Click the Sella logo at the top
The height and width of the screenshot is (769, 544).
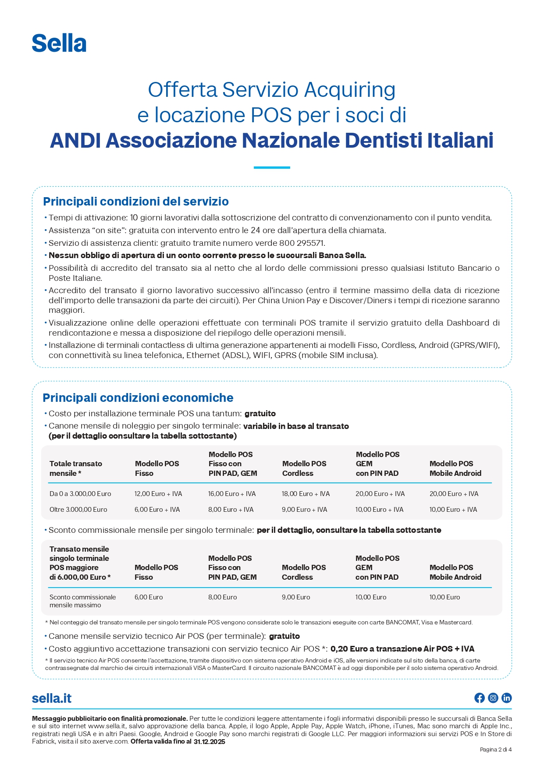[59, 43]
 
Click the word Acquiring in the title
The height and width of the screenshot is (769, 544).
[350, 89]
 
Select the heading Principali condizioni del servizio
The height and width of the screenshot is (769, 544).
[136, 202]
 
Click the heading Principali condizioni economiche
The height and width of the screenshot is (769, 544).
[138, 398]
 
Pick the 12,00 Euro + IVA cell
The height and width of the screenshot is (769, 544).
[158, 494]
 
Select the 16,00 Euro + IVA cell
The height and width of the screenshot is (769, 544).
[232, 494]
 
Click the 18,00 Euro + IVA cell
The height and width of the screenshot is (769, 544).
[306, 494]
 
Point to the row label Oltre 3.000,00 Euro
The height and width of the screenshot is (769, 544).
[78, 510]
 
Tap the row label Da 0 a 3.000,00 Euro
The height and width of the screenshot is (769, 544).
[80, 494]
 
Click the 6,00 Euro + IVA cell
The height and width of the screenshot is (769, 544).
[157, 510]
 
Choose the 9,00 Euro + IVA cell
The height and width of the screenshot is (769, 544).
[304, 510]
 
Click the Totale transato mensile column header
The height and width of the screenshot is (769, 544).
[76, 468]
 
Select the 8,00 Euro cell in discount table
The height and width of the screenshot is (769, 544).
[223, 597]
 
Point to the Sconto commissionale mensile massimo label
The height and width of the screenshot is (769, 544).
[82, 601]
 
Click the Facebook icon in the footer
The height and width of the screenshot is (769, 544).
[480, 698]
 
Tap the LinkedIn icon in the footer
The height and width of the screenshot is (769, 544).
[507, 698]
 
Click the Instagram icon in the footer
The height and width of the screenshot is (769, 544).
[493, 698]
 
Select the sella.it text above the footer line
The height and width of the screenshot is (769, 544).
[52, 698]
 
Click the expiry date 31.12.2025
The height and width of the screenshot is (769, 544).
[210, 742]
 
